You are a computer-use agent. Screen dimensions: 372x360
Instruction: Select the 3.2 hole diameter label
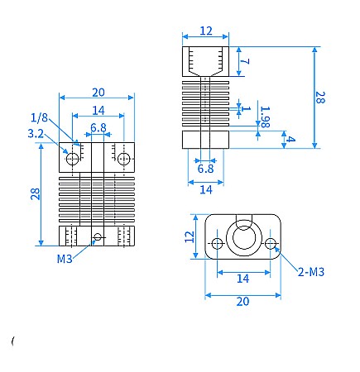36,132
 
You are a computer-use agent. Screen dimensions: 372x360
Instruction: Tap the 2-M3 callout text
311,271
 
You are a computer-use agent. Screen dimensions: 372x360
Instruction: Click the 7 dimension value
245,61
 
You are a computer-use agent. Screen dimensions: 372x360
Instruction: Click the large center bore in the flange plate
244,239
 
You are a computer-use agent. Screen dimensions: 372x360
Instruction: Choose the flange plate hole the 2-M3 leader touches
271,243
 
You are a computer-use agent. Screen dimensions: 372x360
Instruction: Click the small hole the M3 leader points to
98,236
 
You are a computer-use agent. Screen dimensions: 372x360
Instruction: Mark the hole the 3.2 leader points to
73,157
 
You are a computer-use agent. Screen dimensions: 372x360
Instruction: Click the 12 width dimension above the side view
206,31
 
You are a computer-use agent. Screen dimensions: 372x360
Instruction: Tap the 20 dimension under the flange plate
242,302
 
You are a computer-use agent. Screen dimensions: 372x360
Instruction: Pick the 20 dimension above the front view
98,92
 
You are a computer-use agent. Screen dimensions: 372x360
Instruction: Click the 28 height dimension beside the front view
34,193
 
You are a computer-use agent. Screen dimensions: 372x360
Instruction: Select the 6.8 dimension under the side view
205,169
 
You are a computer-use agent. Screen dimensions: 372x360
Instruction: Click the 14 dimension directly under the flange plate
242,279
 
